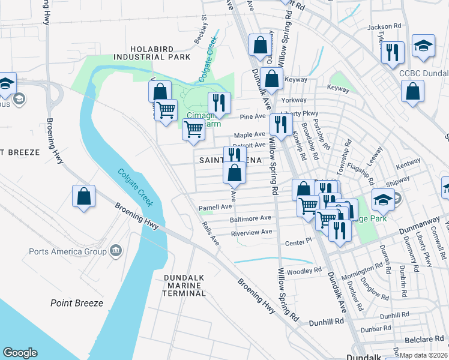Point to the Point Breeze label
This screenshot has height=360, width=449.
77,303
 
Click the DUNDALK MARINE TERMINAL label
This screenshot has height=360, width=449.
184,285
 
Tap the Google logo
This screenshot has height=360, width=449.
20,353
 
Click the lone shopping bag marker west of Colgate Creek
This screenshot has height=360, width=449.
84,196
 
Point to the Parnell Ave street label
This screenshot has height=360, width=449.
215,208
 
